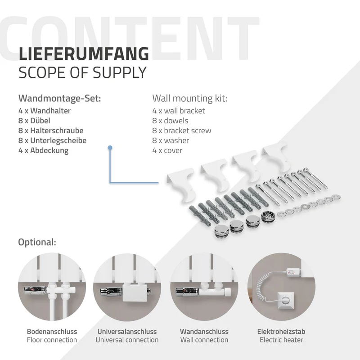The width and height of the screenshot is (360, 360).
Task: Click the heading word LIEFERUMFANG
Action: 84,54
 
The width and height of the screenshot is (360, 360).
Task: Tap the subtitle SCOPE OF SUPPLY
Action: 82,72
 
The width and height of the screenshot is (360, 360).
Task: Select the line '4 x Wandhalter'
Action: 45,111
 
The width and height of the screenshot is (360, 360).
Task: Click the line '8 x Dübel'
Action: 34,121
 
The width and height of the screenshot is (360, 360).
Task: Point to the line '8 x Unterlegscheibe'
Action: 52,140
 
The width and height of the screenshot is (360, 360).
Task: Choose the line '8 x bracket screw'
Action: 182,130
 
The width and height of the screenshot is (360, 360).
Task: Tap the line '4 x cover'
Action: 167,150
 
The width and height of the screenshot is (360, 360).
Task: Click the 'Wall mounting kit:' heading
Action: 189,98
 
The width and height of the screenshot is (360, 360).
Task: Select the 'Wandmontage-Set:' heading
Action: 60,98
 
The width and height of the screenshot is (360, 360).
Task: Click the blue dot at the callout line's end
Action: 110,148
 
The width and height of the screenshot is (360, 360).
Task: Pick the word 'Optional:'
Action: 37,242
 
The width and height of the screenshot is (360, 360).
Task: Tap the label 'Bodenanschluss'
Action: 52,332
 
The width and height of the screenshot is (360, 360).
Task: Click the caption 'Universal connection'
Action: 127,340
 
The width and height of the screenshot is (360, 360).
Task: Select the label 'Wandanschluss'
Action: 204,332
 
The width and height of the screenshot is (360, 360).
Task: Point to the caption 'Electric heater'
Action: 281,340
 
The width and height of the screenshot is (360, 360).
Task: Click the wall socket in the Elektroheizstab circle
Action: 286,300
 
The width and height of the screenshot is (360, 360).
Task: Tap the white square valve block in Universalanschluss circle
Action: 135,293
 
